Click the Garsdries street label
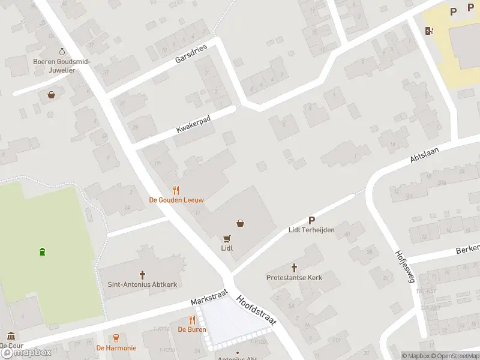point(191,54)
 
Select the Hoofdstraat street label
point(256,311)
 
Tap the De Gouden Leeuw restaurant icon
point(176,189)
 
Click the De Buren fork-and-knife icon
point(193,320)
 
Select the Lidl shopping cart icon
point(227,238)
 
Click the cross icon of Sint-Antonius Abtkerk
point(143,275)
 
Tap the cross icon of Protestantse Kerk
point(295,268)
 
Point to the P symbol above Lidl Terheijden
point(311,220)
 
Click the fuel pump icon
point(429,31)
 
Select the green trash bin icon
point(42,251)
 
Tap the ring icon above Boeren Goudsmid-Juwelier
point(62,52)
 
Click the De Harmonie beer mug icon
point(116,338)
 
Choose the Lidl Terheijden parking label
point(311,230)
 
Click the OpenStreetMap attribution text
point(455,356)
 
